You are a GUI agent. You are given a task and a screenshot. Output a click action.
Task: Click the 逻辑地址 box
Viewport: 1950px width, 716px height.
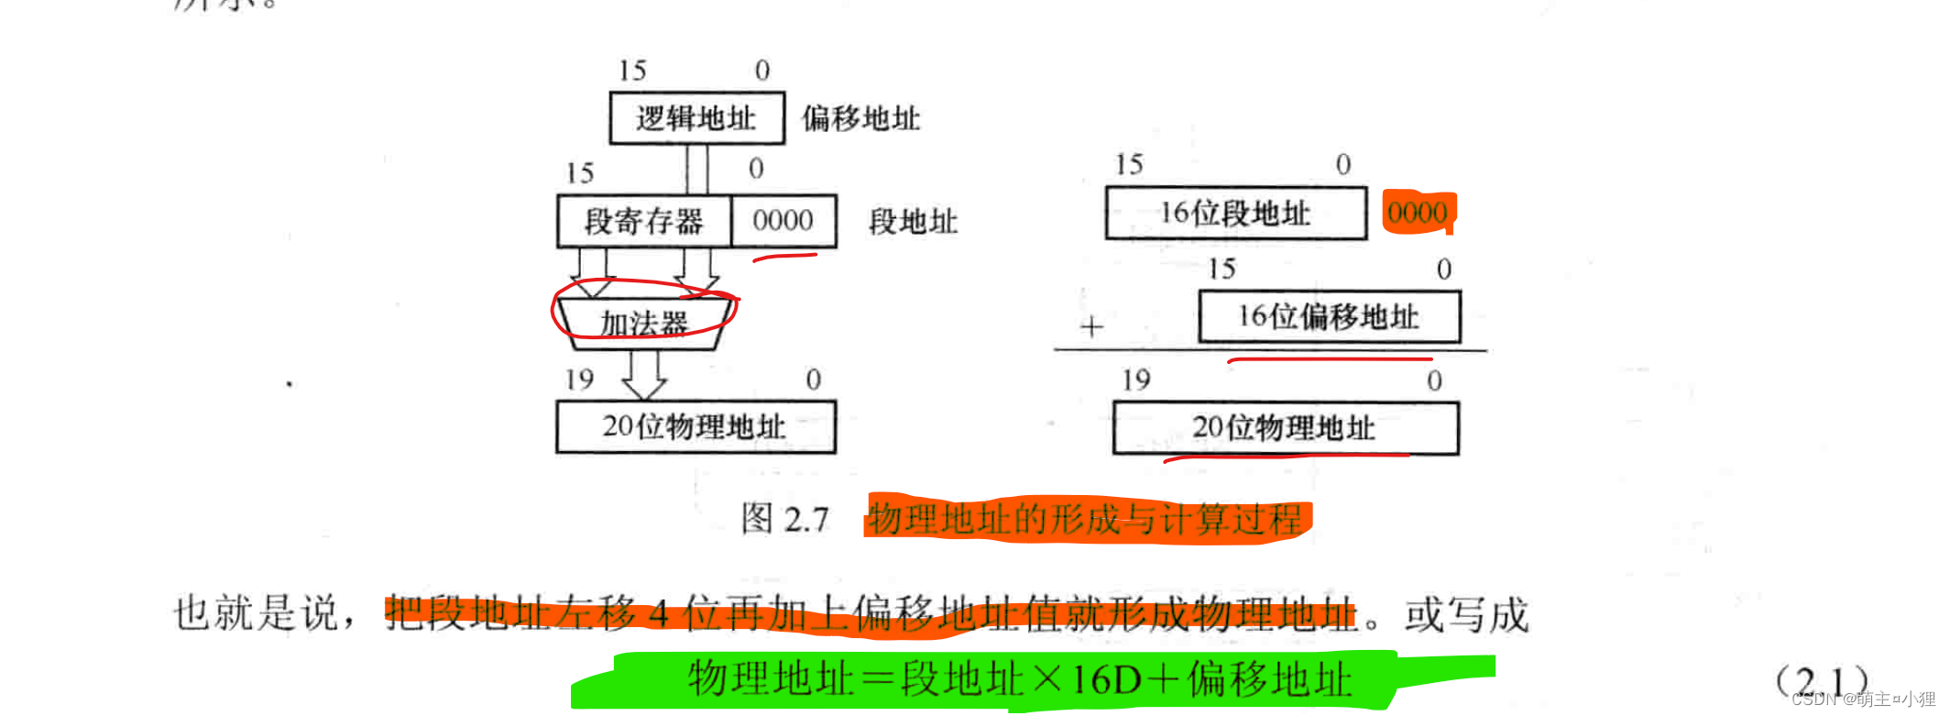696,117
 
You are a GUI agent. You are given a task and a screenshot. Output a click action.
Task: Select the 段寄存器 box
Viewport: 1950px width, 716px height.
644,221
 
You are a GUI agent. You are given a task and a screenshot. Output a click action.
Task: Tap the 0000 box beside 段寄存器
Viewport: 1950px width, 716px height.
783,221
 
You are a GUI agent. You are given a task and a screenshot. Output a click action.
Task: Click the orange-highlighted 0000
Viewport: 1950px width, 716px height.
1417,213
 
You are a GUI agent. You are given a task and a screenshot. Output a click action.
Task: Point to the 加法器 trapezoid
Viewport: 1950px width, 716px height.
644,323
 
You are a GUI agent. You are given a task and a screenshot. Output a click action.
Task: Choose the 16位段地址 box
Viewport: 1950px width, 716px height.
1235,213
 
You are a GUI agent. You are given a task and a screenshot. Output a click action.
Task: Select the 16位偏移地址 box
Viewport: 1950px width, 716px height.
1329,316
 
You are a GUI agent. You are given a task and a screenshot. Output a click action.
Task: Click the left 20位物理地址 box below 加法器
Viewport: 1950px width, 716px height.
695,426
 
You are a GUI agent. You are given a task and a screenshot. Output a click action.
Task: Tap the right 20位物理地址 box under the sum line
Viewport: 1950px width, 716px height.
1285,427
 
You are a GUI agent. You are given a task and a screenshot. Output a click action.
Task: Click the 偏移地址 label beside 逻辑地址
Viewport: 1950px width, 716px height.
861,118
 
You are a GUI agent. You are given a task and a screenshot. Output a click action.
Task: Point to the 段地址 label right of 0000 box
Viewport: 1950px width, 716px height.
914,222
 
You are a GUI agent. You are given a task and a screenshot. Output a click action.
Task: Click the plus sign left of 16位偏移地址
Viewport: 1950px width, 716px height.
1091,326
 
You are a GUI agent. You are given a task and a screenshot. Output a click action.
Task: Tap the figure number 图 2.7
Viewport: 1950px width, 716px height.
785,519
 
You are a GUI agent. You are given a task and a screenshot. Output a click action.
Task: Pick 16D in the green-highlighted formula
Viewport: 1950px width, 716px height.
1106,680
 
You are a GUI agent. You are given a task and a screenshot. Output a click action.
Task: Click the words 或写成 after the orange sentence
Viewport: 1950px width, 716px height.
1466,614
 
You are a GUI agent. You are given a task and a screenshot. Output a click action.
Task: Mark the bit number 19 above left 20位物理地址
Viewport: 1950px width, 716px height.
579,380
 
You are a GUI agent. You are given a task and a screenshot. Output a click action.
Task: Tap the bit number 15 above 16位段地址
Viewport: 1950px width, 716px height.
1129,165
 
